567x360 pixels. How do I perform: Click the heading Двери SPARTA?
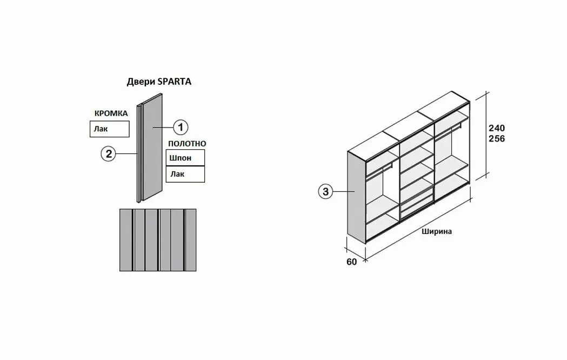[159, 82]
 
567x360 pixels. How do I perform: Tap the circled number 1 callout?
[180, 127]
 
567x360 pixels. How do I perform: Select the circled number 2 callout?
[109, 154]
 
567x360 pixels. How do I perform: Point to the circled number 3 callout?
[325, 191]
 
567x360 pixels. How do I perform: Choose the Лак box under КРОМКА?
[110, 129]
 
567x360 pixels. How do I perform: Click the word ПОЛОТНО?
[187, 143]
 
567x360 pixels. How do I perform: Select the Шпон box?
[185, 157]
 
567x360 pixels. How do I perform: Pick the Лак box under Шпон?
[185, 174]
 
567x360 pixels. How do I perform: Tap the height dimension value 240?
[496, 129]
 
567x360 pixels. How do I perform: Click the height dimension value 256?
[496, 139]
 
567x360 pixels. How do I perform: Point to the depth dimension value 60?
[352, 262]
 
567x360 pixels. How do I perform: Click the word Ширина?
[437, 231]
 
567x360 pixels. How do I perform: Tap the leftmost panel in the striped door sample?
[125, 239]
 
